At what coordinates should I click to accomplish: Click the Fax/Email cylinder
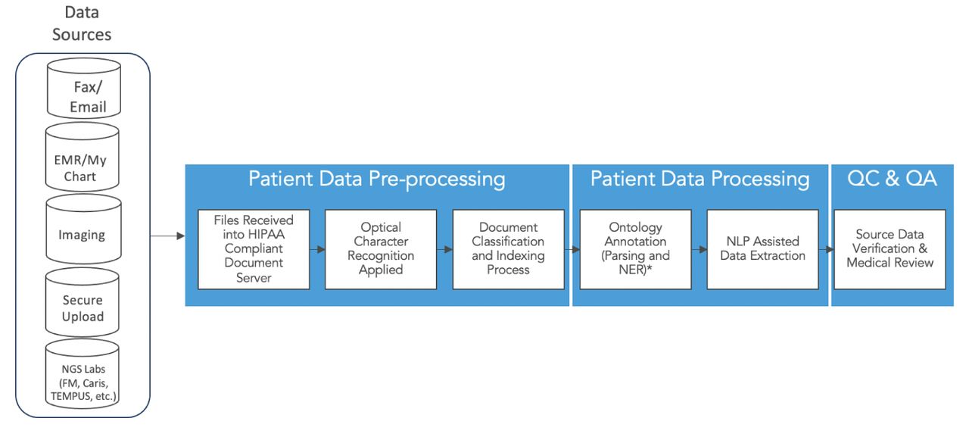[x=84, y=89]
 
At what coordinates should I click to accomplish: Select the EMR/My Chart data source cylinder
[x=83, y=157]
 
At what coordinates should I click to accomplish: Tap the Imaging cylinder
[x=83, y=229]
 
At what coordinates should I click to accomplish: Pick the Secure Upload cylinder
[x=83, y=302]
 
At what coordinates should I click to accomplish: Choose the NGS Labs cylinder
[x=83, y=374]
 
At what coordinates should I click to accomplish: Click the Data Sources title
[x=82, y=23]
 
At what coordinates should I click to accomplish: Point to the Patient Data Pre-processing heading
[x=377, y=179]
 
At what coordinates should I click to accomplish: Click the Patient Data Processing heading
[x=700, y=179]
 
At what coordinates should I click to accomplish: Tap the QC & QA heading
[x=892, y=178]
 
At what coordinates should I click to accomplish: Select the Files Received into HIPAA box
[x=254, y=249]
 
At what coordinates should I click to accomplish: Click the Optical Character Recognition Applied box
[x=381, y=249]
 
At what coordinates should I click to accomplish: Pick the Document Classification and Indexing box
[x=508, y=249]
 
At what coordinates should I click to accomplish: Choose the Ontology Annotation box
[x=635, y=249]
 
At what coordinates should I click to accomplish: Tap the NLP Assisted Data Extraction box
[x=762, y=249]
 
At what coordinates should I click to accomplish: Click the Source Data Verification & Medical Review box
[x=890, y=249]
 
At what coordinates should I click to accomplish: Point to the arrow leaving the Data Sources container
[x=167, y=236]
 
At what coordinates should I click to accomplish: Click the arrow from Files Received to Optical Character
[x=317, y=249]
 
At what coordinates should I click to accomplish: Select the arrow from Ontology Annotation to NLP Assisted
[x=699, y=249]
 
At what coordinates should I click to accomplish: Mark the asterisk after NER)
[x=650, y=268]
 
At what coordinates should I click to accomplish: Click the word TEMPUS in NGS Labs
[x=71, y=396]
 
